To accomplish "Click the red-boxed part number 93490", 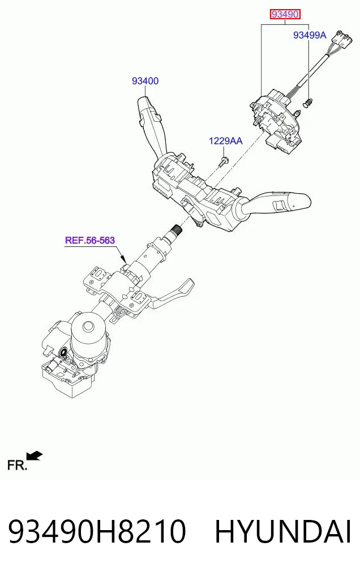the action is click(x=285, y=15).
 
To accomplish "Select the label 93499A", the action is click(x=310, y=35).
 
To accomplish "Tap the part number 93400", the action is click(x=145, y=81).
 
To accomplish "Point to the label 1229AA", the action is click(x=226, y=140).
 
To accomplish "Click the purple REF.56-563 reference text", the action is click(x=90, y=240).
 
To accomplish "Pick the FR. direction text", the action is click(x=17, y=466).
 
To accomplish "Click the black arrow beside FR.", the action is click(x=36, y=456).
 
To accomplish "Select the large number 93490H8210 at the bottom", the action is click(x=97, y=531).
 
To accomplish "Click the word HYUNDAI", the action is click(x=283, y=531).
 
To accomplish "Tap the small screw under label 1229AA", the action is click(x=224, y=161).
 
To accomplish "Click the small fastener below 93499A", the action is click(x=307, y=103).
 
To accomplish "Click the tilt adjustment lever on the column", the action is click(x=173, y=294).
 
